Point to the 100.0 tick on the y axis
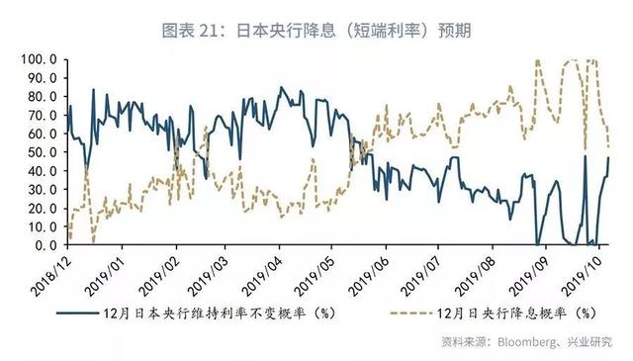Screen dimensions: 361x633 click(39, 59)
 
